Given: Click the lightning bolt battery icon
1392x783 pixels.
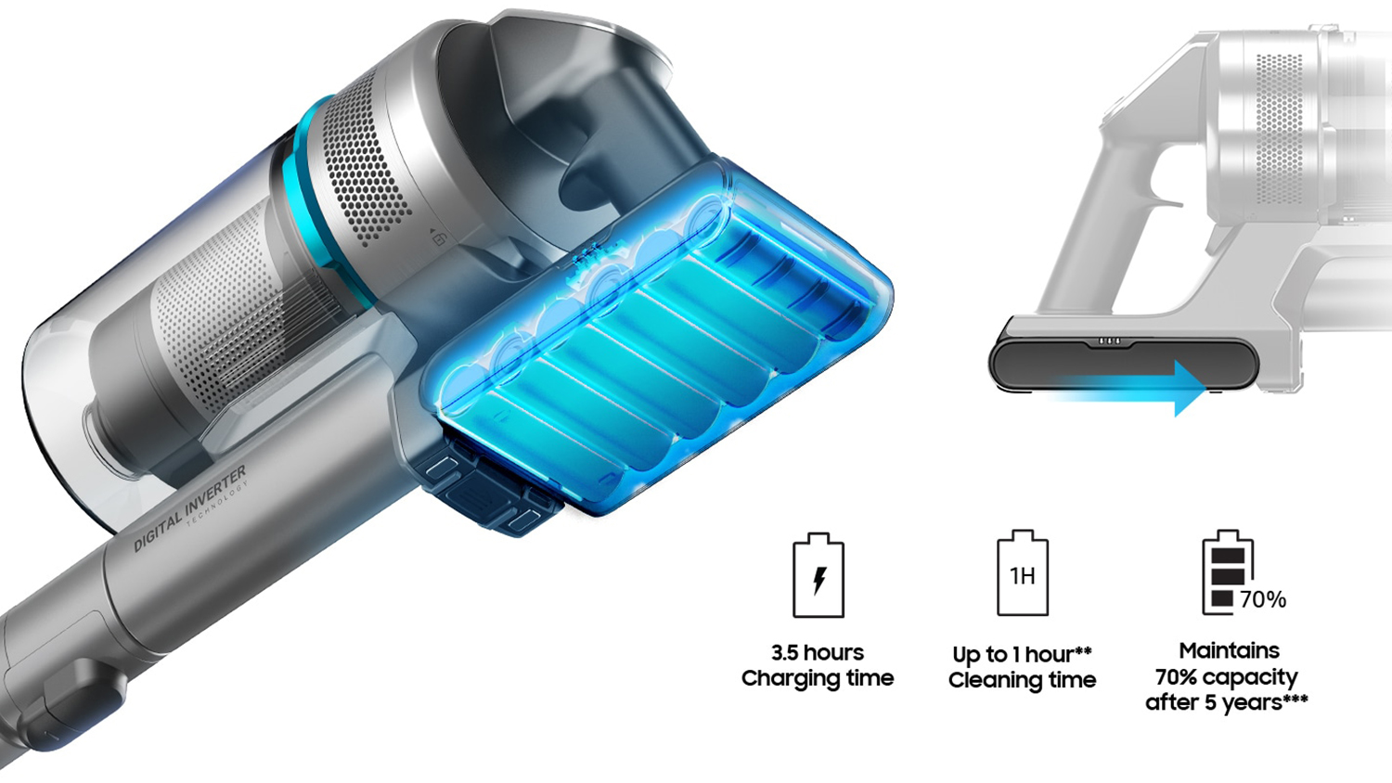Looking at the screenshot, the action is (818, 575).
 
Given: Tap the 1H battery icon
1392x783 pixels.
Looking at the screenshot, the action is (1023, 573).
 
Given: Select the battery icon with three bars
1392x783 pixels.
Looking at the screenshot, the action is (1228, 572).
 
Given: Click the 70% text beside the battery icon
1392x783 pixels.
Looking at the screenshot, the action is (1263, 599).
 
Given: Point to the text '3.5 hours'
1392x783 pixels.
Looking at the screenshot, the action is (818, 652).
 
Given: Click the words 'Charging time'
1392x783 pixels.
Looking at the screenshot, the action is (818, 678).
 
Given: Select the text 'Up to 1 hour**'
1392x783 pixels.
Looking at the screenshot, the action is (1023, 654).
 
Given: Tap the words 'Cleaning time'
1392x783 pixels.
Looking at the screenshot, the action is (1023, 680).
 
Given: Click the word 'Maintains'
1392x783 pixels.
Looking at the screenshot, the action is (1230, 650).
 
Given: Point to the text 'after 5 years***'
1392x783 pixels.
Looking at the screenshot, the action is (1227, 702).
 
